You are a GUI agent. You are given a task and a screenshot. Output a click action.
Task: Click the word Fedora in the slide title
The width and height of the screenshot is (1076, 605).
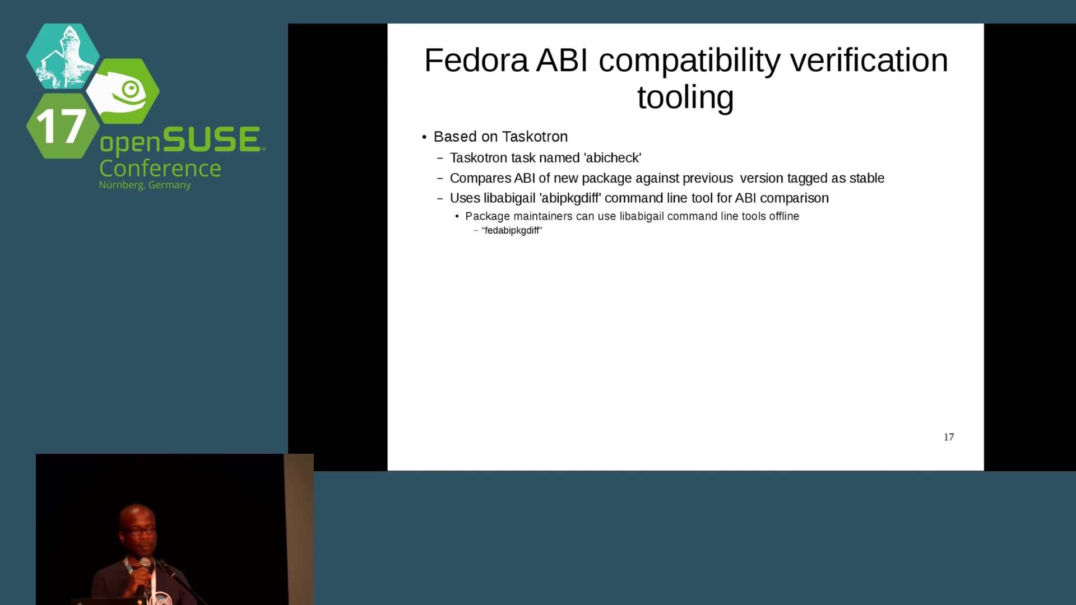(x=476, y=61)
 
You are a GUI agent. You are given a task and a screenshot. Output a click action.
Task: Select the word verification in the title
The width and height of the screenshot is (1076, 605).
(x=869, y=61)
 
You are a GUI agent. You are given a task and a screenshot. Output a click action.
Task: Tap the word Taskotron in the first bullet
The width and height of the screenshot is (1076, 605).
(x=535, y=137)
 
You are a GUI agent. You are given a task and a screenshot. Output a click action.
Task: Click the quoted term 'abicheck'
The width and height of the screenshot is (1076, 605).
(x=613, y=158)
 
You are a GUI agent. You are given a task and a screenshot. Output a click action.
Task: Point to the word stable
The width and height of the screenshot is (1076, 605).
(x=866, y=178)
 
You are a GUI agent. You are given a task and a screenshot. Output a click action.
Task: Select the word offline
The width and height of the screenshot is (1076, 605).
(x=784, y=216)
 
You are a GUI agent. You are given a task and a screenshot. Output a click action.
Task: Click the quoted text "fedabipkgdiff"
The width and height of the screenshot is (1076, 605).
(x=512, y=231)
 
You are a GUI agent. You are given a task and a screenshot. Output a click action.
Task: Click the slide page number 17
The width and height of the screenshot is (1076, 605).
(x=949, y=437)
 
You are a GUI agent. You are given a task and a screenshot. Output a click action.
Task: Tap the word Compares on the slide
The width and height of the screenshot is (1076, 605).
(x=480, y=179)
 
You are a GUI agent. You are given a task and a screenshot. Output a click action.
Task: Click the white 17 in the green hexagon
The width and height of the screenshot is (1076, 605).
(x=61, y=126)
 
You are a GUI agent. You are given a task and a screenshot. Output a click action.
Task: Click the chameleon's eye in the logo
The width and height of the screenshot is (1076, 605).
(x=131, y=89)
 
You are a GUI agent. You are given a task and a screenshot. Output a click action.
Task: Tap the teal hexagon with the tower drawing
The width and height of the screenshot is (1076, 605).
(x=63, y=56)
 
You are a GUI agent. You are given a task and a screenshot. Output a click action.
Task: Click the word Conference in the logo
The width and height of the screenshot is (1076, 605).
(x=160, y=169)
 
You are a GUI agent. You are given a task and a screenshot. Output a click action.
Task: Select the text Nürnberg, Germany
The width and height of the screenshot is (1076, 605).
(x=145, y=185)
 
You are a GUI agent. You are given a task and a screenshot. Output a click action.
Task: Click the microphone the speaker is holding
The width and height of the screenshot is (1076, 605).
(x=143, y=574)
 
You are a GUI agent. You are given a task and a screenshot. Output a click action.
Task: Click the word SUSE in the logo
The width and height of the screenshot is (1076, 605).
(x=211, y=139)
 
